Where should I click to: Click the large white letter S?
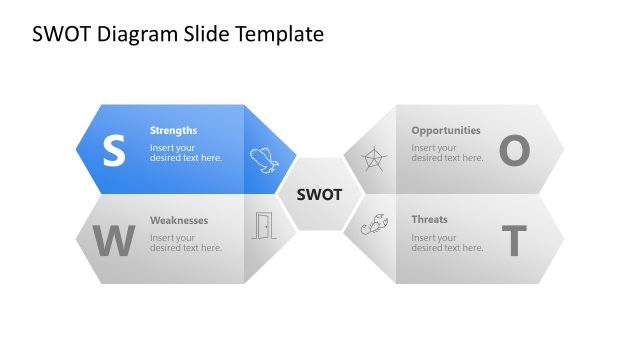coord(114,151)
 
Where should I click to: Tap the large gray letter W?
coord(113,241)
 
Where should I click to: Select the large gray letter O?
coord(513,151)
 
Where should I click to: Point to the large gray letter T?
coord(513,241)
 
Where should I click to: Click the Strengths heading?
coord(173,130)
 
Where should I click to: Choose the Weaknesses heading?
coord(179,219)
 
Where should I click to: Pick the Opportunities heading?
coord(446,130)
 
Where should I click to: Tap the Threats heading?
coord(429,219)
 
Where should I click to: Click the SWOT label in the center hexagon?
coord(320,194)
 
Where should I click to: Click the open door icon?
coord(263,226)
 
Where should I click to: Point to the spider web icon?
coord(373,159)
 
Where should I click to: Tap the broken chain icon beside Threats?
coord(374,227)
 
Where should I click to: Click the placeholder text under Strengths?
coord(186,152)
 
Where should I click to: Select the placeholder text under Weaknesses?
coord(186,242)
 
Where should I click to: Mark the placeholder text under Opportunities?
coord(447,152)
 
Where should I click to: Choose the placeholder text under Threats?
coord(447,242)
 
